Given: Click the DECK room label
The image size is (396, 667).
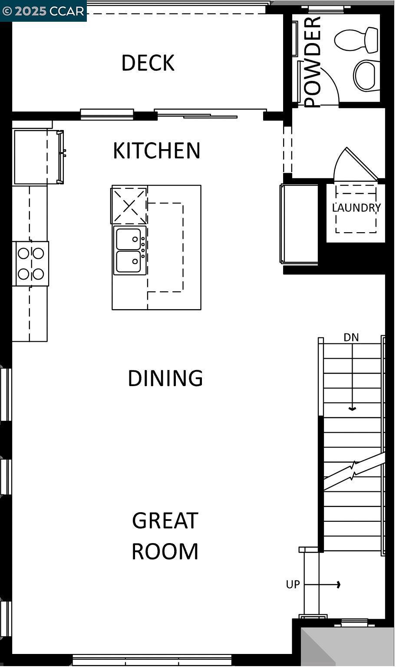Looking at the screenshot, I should (x=148, y=63).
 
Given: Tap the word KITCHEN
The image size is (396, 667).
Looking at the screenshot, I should (x=156, y=150).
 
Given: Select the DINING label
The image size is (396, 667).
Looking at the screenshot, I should (x=165, y=378).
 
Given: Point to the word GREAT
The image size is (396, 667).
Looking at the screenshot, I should (x=165, y=520).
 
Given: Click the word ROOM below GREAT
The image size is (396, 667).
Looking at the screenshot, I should (x=165, y=551).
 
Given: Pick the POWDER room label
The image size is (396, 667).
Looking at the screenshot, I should (x=313, y=62).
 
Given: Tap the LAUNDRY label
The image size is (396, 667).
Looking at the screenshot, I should (x=356, y=208).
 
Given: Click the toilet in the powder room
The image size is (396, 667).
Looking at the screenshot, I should (x=357, y=40).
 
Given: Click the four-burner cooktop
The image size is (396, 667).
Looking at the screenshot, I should (x=31, y=263).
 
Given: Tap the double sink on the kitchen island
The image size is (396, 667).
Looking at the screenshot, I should (x=129, y=250).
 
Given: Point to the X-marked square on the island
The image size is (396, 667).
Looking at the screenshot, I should (x=129, y=205).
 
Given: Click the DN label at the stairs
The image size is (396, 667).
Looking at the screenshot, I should (x=351, y=337).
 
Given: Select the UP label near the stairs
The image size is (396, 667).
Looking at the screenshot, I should (x=293, y=584).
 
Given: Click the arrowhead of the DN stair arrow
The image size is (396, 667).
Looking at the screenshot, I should (x=352, y=409).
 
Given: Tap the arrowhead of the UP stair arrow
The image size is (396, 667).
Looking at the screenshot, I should (x=339, y=585).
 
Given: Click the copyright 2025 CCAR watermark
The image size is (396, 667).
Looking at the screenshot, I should (x=43, y=11).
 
